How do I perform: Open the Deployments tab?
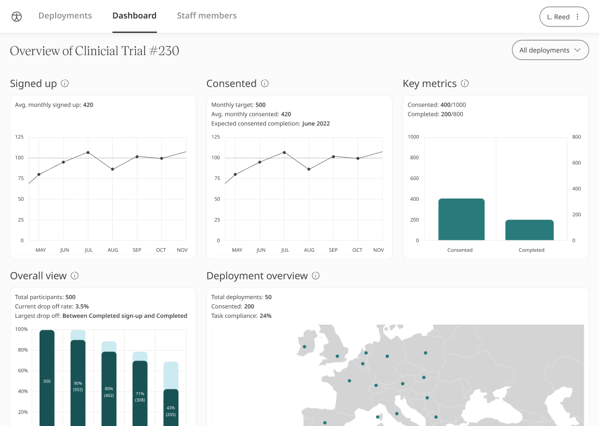point(65,16)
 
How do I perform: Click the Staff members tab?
point(206,16)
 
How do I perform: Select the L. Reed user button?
point(564,17)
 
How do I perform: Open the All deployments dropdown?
point(550,50)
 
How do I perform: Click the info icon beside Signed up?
point(65,83)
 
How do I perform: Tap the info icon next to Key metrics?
point(465,83)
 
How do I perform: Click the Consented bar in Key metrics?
point(461,220)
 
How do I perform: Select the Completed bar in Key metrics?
point(529,230)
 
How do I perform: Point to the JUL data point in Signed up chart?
point(88,152)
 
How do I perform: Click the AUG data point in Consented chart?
point(309,169)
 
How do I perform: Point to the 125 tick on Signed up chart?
point(19,137)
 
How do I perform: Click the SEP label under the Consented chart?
point(333,250)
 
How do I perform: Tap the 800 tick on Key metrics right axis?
point(577,137)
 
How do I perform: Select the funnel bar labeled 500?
point(47,380)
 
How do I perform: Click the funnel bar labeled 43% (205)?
point(171,408)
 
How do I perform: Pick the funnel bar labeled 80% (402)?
point(109,390)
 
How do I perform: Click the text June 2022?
point(316,124)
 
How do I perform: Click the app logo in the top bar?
point(17,16)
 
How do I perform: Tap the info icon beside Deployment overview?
point(316,276)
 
